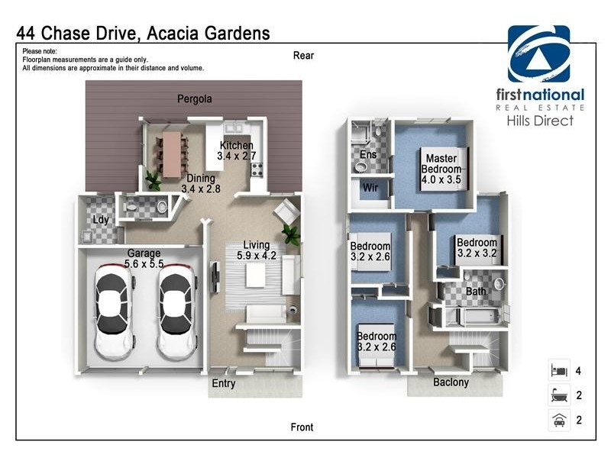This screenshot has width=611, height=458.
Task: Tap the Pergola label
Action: tap(195, 99)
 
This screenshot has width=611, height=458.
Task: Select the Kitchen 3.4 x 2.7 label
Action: tap(237, 151)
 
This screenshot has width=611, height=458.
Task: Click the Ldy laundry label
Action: tap(100, 221)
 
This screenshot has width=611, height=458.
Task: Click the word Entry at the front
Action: tap(224, 384)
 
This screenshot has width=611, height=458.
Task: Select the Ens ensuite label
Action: tap(368, 155)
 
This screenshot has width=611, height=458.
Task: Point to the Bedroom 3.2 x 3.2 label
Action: tap(477, 247)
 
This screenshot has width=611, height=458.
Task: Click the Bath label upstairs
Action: tap(476, 292)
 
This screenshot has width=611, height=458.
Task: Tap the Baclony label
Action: tap(451, 382)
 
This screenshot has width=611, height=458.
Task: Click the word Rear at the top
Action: tap(303, 56)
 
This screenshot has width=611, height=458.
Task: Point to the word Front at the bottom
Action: tap(302, 427)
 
